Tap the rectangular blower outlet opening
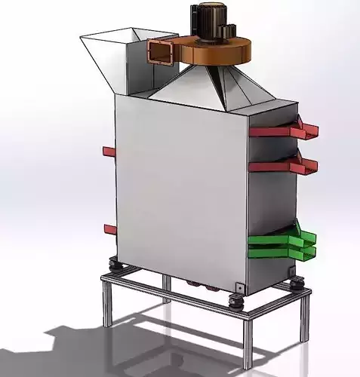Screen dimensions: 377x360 click(x=160, y=53)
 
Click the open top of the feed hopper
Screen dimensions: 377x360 click(x=113, y=38)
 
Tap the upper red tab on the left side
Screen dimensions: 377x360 click(x=109, y=152)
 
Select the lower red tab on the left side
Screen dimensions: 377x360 click(x=110, y=229)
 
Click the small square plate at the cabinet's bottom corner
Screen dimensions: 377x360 click(x=239, y=287)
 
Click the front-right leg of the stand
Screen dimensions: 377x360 click(x=248, y=343)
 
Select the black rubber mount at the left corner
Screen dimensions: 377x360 click(x=116, y=265)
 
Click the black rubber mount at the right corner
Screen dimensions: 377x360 click(x=297, y=284)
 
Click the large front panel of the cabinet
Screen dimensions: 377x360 click(x=181, y=188)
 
